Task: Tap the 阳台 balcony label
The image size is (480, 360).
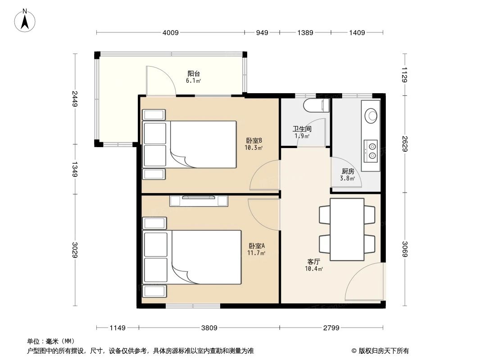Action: tap(194, 74)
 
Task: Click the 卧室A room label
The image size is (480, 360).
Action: tap(257, 246)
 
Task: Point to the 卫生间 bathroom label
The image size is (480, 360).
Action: tap(302, 129)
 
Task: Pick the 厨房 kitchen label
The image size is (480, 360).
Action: tap(348, 171)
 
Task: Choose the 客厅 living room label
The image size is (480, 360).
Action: tap(314, 261)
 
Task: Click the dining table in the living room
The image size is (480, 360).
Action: tap(347, 229)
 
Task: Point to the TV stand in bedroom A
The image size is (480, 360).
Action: tap(199, 201)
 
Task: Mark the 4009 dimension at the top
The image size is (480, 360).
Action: tap(171, 32)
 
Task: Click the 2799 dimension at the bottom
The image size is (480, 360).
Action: tap(331, 328)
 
